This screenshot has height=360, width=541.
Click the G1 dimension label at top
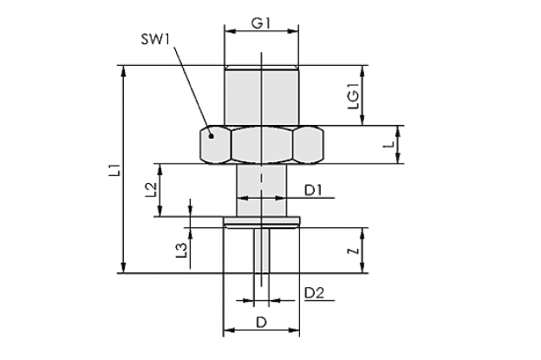point(260,23)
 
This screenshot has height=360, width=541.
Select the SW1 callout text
point(155,39)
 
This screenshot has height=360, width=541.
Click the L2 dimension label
point(151,189)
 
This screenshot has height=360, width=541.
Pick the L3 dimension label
point(181,250)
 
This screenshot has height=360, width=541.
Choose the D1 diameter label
point(313,190)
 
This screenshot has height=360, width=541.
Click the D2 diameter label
point(315,293)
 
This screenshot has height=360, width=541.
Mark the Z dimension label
point(355,251)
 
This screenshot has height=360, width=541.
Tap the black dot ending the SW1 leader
point(212,136)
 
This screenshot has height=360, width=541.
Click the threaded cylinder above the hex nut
point(261,95)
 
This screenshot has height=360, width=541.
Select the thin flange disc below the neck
point(262,221)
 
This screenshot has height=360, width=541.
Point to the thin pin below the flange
point(261,250)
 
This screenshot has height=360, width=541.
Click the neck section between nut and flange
point(261,190)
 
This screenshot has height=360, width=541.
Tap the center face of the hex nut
point(262,144)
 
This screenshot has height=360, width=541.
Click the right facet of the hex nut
point(308,144)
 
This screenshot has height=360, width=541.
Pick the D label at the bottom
point(262,322)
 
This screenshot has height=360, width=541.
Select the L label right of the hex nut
point(388,144)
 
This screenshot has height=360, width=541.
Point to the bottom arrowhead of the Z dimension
point(362,267)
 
